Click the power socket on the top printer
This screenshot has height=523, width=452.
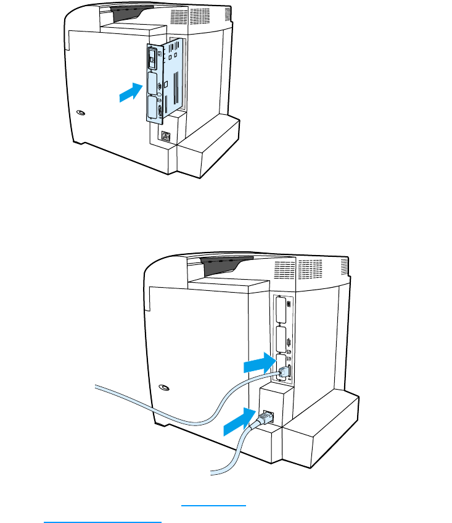pyautogui.click(x=165, y=136)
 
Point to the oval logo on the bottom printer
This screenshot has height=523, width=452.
pyautogui.click(x=163, y=388)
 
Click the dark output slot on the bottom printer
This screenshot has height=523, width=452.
pyautogui.click(x=226, y=265)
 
